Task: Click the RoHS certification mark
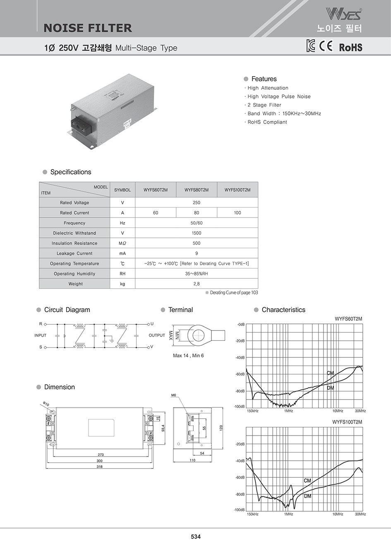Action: [350, 47]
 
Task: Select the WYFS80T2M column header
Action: [197, 190]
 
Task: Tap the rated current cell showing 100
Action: [237, 213]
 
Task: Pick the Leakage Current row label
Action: [74, 254]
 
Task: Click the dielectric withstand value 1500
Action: [197, 233]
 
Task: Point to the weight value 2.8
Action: [197, 284]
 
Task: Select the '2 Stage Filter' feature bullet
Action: [264, 105]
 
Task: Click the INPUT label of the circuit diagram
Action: [41, 335]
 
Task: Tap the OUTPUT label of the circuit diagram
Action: [157, 335]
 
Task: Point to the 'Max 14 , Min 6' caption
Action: [188, 356]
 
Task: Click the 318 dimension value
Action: [100, 467]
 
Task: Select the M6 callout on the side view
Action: [174, 395]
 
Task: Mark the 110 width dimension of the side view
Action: [192, 460]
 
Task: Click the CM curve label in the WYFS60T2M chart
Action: [330, 373]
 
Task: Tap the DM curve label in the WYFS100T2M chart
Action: [307, 496]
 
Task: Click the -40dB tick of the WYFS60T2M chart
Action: [240, 358]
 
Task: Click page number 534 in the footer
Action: [196, 537]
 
